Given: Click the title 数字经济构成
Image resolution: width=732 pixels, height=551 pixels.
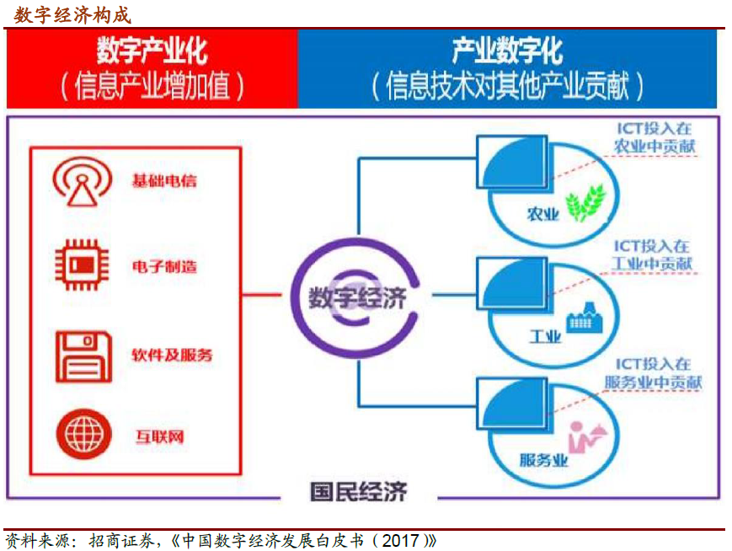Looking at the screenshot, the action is tap(72, 15).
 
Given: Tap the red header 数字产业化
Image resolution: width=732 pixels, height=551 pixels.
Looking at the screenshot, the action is tap(152, 51).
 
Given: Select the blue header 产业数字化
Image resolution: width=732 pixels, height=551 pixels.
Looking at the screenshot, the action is tap(507, 51).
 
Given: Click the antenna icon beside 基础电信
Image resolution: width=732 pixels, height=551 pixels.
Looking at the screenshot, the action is tap(83, 182).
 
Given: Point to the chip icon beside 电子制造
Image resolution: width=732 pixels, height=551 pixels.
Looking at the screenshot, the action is tap(83, 265).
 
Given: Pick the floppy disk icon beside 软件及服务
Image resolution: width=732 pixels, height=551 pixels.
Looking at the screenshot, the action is tap(84, 356).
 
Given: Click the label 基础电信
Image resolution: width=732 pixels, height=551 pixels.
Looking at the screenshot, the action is tap(164, 180).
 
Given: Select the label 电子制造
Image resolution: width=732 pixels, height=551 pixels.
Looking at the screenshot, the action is tap(164, 266).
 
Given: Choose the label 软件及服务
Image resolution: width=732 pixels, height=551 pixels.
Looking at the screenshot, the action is tap(172, 355).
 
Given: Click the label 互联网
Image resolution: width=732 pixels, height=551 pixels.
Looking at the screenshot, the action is tap(160, 436).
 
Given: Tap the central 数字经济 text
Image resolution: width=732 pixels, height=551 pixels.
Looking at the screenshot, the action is tap(357, 298).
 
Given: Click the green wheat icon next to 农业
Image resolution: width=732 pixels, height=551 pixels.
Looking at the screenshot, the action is tap(585, 202).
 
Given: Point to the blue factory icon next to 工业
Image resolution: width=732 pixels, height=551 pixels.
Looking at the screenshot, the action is tap(585, 318).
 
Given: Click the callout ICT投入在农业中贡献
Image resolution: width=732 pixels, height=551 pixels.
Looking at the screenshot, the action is tap(655, 137).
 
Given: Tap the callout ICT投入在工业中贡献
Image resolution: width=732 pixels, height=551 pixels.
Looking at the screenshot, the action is tap(652, 255).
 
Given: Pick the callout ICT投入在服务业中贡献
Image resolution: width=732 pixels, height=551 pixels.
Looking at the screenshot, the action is tap(653, 373).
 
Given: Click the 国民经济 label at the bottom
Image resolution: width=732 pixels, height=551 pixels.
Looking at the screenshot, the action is tap(359, 492).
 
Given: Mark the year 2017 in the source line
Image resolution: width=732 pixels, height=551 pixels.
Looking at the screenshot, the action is tap(401, 540).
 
